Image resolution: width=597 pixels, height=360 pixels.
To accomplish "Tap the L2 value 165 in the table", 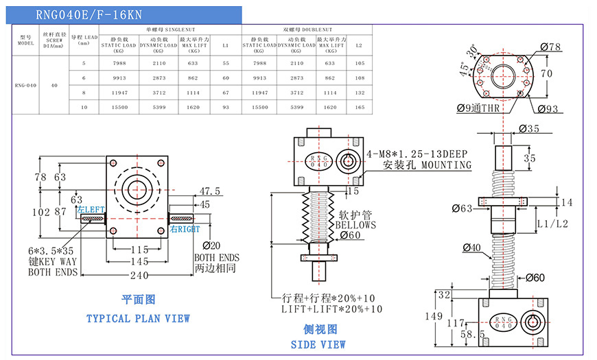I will [x=360, y=108].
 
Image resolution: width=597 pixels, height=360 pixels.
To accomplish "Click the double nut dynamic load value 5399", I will [x=296, y=108].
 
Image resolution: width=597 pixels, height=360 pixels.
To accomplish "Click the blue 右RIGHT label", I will [x=185, y=229].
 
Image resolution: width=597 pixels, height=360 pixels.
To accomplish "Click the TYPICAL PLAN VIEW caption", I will [x=138, y=318].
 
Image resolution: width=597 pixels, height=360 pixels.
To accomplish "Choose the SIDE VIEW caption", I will [x=318, y=344].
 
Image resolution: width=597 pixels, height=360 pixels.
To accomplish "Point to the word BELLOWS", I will [x=355, y=225].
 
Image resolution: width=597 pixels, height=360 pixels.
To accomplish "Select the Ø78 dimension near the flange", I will [x=550, y=47].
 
